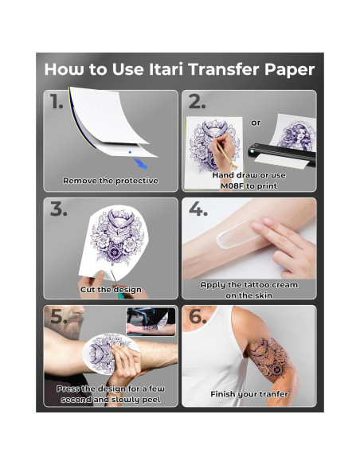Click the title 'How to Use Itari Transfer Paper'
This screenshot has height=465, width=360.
click(179, 69)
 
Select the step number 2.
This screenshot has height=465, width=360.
click(197, 101)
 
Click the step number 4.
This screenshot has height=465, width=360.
click(198, 209)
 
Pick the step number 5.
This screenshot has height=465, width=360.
click(58, 318)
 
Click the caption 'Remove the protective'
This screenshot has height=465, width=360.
click(111, 181)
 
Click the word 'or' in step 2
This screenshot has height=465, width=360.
click(255, 123)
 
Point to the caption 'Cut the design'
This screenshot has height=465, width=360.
click(111, 290)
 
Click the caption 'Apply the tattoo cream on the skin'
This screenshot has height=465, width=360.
click(250, 289)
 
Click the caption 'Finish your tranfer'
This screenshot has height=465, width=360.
click(249, 394)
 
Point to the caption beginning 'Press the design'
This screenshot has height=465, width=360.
click(111, 394)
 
